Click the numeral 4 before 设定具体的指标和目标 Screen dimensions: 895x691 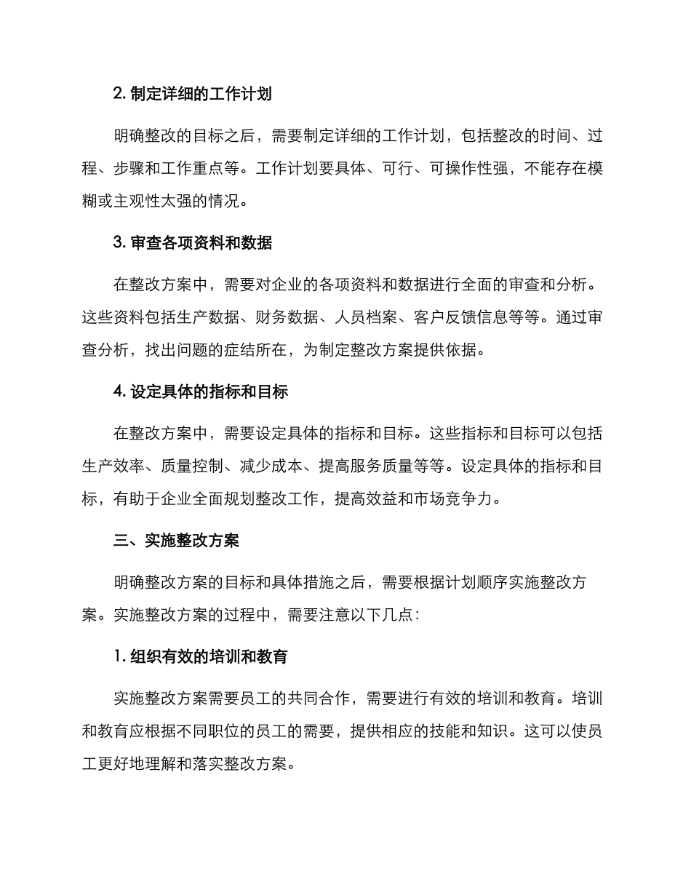pyautogui.click(x=118, y=392)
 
